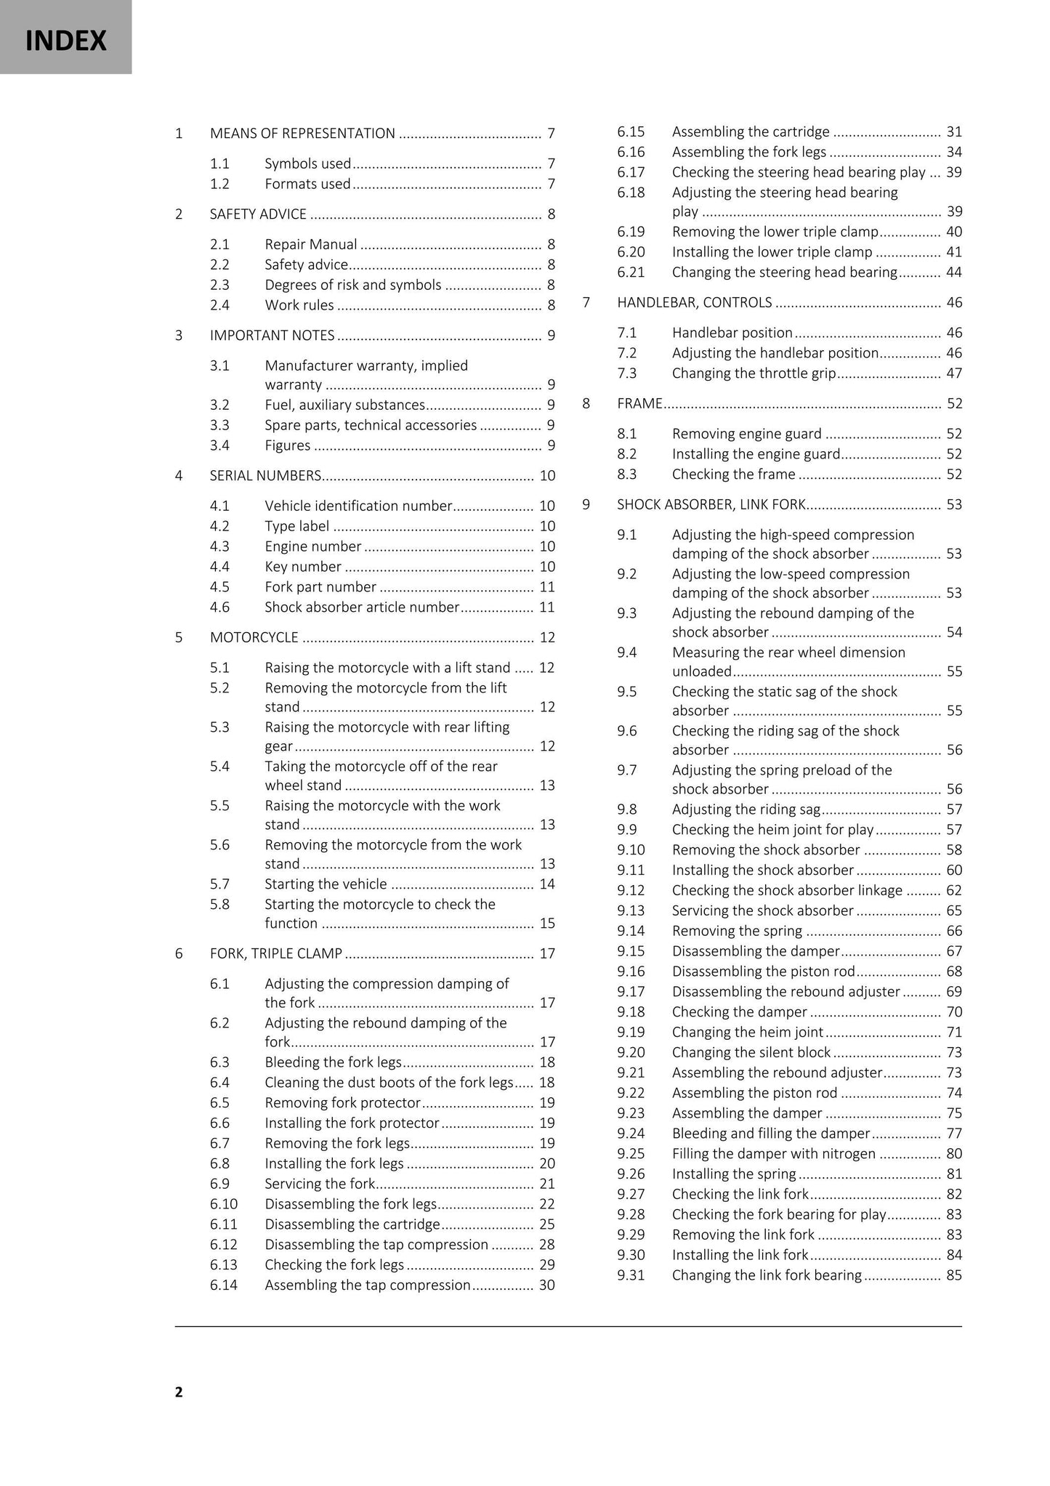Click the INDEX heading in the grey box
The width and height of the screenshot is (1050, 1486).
(65, 40)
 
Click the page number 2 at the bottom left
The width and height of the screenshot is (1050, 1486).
(179, 1392)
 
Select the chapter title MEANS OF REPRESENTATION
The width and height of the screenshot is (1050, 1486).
(302, 133)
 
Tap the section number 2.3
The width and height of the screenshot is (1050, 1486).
(219, 285)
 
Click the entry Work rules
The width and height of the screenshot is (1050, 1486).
(299, 305)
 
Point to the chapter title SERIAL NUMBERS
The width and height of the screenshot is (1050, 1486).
(265, 475)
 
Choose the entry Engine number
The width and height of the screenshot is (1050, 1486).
(312, 546)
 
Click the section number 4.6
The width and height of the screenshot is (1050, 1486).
(219, 607)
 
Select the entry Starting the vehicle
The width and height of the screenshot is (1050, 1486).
(326, 884)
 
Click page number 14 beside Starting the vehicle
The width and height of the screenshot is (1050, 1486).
(547, 884)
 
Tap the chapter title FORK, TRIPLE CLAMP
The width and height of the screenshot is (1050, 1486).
(276, 953)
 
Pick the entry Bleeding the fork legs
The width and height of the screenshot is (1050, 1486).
(333, 1062)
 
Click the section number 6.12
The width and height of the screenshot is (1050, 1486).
(223, 1244)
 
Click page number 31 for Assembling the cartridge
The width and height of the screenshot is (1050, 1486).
(954, 132)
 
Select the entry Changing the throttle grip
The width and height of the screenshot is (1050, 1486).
(754, 373)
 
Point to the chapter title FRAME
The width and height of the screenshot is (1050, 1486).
(639, 403)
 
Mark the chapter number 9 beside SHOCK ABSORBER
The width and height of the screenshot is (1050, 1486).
(586, 504)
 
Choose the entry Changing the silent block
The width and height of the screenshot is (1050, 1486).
(751, 1052)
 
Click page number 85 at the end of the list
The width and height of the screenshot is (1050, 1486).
(954, 1275)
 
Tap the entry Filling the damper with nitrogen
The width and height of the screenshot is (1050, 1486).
(773, 1153)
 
